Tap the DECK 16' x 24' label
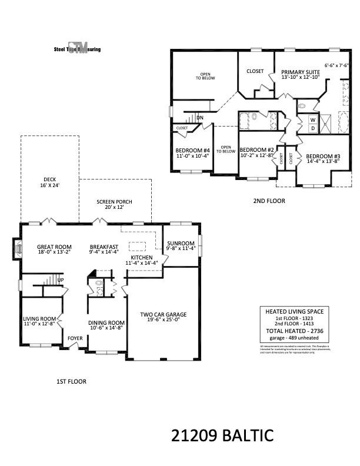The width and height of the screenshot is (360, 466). click(49, 183)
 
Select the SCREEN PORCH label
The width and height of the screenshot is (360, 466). click(115, 204)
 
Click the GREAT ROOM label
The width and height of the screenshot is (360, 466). click(54, 249)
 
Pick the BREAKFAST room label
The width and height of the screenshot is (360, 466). click(104, 249)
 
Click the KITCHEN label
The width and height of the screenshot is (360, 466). click(142, 260)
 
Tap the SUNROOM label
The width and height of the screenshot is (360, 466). click(181, 245)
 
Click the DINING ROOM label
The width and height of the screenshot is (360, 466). click(106, 325)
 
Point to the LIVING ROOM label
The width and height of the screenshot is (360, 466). click(39, 321)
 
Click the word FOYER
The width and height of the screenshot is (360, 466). click(75, 338)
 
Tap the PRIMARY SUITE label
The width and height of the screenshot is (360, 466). click(300, 74)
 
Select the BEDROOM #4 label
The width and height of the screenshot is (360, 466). click(193, 153)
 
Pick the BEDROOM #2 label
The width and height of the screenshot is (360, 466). click(257, 152)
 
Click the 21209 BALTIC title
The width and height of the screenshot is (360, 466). click(222, 436)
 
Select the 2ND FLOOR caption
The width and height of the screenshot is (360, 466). click(269, 201)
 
